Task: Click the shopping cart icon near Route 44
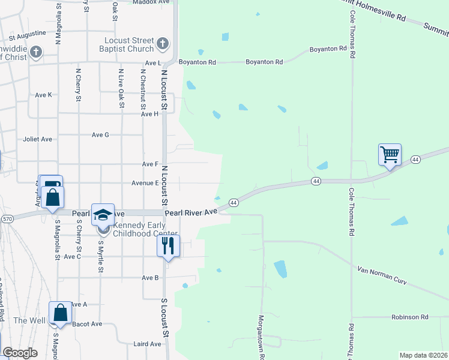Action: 390,155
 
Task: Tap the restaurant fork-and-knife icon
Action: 168,245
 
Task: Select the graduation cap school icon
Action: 103,214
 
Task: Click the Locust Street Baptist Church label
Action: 126,44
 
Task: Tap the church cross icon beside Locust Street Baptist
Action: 162,44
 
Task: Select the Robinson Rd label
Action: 409,316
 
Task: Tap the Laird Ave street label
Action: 147,344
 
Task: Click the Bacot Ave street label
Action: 87,324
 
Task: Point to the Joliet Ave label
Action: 38,139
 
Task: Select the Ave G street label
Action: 100,134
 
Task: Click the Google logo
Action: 20,352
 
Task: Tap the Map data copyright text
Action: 423,355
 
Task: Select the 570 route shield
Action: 7,219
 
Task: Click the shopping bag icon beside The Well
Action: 60,313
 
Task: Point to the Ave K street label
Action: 44,95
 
